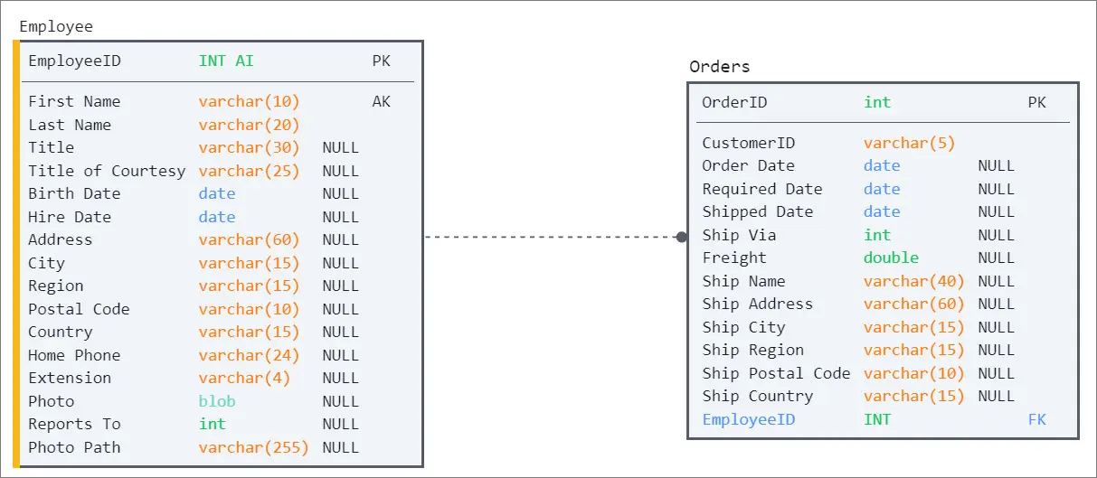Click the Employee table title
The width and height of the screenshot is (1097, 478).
click(x=56, y=27)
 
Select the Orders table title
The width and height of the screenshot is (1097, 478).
click(x=719, y=67)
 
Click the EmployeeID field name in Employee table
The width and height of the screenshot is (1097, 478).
click(x=74, y=61)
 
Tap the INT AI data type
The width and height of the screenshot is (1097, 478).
click(x=226, y=61)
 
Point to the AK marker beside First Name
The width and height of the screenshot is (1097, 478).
click(x=381, y=102)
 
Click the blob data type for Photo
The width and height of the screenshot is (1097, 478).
click(x=217, y=401)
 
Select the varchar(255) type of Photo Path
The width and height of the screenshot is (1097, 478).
click(x=253, y=447)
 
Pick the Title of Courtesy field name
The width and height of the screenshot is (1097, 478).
click(x=107, y=172)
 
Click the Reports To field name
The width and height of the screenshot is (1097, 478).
click(x=74, y=424)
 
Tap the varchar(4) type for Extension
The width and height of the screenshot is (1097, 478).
click(x=244, y=379)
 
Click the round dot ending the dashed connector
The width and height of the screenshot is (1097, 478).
click(x=681, y=238)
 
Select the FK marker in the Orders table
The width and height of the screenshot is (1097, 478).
click(x=1036, y=420)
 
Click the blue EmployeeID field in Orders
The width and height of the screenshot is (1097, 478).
click(x=748, y=420)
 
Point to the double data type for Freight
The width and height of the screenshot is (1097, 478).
click(x=891, y=258)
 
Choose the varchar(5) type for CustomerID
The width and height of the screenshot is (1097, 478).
click(x=909, y=144)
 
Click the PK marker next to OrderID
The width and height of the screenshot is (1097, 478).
click(x=1036, y=103)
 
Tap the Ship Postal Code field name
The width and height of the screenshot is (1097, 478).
click(x=776, y=374)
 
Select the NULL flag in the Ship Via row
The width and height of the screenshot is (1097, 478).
click(x=996, y=235)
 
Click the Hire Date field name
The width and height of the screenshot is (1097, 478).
click(x=70, y=217)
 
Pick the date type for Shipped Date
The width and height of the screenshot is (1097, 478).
click(x=882, y=211)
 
